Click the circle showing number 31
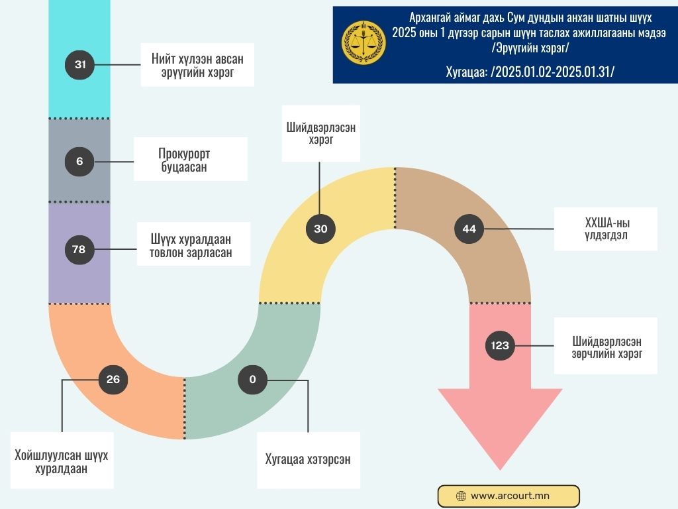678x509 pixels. point(80,65)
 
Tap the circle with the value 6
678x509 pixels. point(80,160)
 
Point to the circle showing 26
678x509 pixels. point(113,379)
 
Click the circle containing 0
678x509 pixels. point(253,380)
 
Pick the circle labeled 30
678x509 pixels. point(320,229)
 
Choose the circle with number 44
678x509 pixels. point(469,229)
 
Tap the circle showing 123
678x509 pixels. point(501,345)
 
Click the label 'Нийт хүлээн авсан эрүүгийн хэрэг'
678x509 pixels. point(197,65)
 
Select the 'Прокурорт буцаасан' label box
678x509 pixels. point(190,160)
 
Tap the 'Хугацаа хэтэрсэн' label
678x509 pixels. point(308,460)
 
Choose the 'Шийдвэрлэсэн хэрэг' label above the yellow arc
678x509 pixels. point(320,133)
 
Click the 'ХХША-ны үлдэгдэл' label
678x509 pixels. point(605,229)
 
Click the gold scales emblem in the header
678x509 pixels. point(363,42)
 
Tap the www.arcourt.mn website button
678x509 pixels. point(508,496)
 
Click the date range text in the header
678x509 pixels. point(530,70)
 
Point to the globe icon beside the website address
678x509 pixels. point(461,496)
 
